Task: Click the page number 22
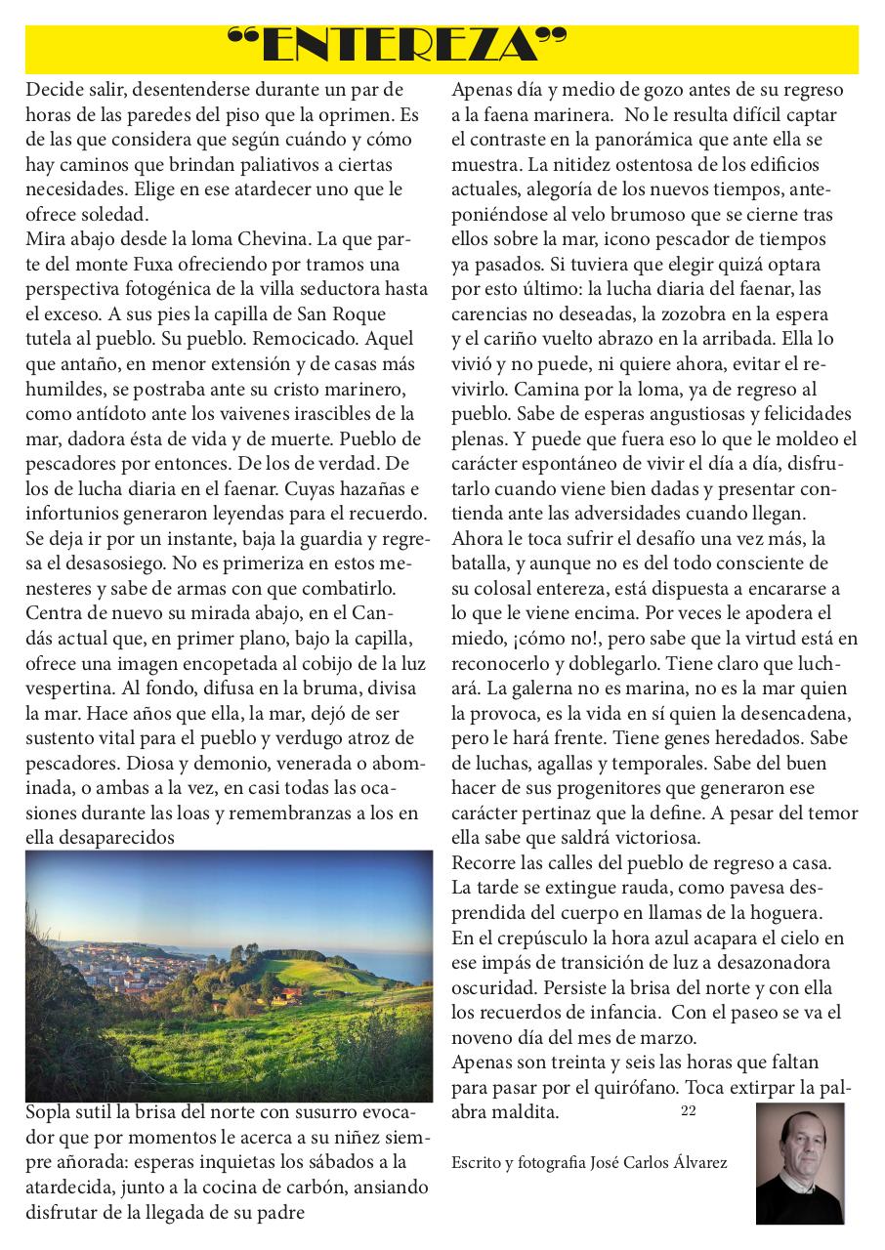pyautogui.click(x=688, y=1110)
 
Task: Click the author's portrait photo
pyautogui.click(x=799, y=1162)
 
